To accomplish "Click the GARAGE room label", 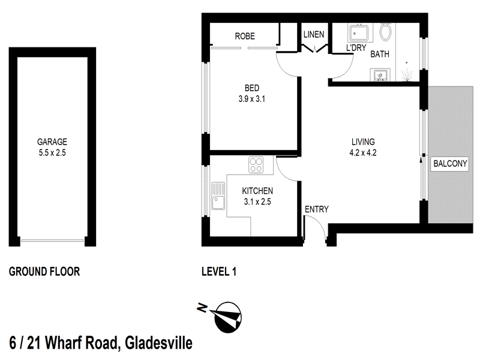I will (x=52, y=142).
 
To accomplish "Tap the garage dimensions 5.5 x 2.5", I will (x=52, y=152).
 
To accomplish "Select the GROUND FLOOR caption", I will (x=44, y=272).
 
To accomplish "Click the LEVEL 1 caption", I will (x=218, y=272).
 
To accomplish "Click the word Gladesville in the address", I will (x=158, y=344).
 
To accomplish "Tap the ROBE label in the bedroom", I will (x=244, y=36).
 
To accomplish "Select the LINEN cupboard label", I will (x=314, y=34).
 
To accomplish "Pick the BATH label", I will (x=379, y=54).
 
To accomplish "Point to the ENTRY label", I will (x=316, y=209).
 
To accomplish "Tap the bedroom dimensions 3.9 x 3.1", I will (x=251, y=100).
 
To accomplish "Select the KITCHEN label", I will (x=257, y=191).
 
